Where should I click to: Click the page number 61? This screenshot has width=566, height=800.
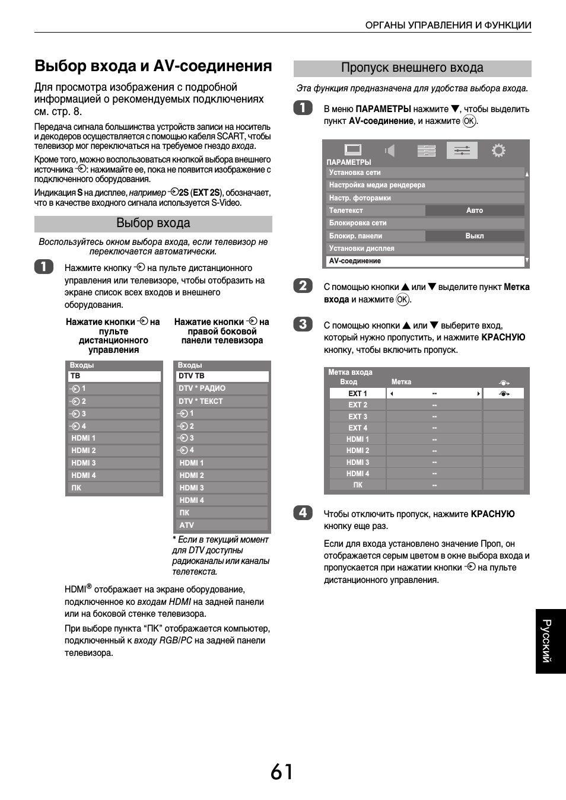282,772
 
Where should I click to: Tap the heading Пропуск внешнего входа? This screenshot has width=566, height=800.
412,68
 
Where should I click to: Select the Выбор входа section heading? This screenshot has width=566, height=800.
153,224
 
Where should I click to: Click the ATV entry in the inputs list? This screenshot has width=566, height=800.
187,525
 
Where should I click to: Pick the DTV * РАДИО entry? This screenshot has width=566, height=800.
202,388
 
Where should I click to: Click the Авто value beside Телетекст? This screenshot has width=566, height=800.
474,211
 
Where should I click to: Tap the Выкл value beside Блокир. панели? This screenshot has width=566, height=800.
474,236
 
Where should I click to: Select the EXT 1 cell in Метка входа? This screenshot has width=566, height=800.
357,394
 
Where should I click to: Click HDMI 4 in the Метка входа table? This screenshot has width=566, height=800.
357,474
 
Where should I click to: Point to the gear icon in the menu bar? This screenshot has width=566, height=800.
498,151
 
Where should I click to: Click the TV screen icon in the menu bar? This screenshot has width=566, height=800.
353,150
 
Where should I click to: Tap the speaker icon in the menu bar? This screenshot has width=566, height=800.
390,151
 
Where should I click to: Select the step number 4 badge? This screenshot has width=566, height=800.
303,512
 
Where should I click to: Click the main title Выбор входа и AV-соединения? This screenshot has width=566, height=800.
153,66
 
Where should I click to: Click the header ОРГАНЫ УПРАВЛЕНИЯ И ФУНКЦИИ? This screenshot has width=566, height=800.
448,25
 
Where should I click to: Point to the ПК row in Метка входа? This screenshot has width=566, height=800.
357,485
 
